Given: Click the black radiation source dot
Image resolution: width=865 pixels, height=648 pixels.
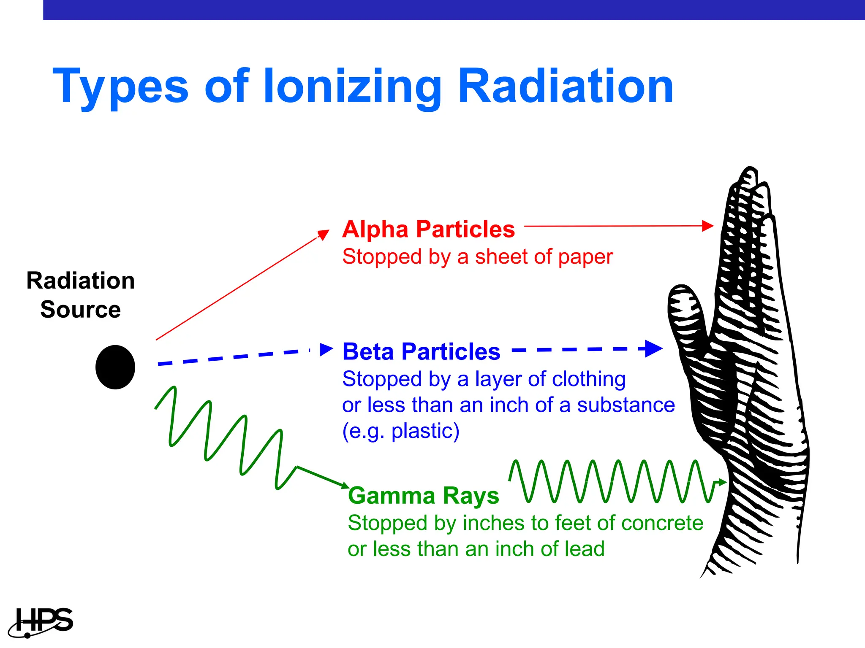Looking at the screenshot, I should click(x=115, y=367).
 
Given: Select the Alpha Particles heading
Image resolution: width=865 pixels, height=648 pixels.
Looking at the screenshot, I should click(x=428, y=229).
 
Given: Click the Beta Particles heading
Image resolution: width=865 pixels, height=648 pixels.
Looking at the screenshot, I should click(x=421, y=351).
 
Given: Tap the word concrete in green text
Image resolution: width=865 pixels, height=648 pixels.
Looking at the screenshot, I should click(x=662, y=523).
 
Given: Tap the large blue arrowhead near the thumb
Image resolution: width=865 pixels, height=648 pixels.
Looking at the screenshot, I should click(x=653, y=349).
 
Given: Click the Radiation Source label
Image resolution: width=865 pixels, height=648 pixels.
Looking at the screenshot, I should click(x=80, y=295).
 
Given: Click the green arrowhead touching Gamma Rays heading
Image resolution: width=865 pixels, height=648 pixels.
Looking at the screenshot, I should click(x=345, y=486).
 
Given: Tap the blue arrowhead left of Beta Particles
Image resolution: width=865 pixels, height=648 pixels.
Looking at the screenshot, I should click(x=326, y=349).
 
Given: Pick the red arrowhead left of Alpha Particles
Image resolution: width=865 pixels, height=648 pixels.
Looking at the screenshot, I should click(x=324, y=234).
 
